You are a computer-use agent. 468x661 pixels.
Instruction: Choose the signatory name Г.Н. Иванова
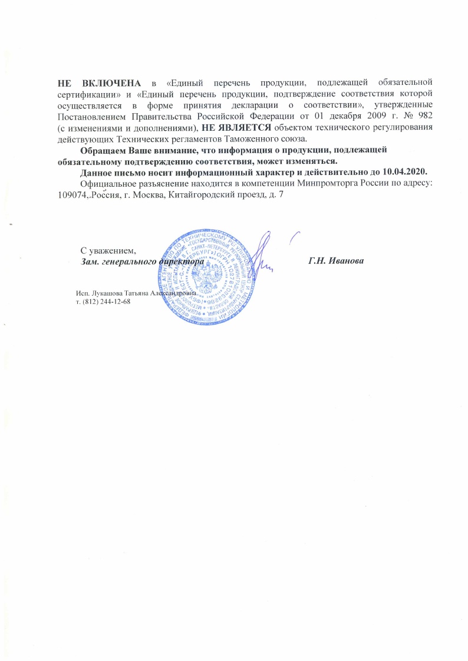(336, 261)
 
